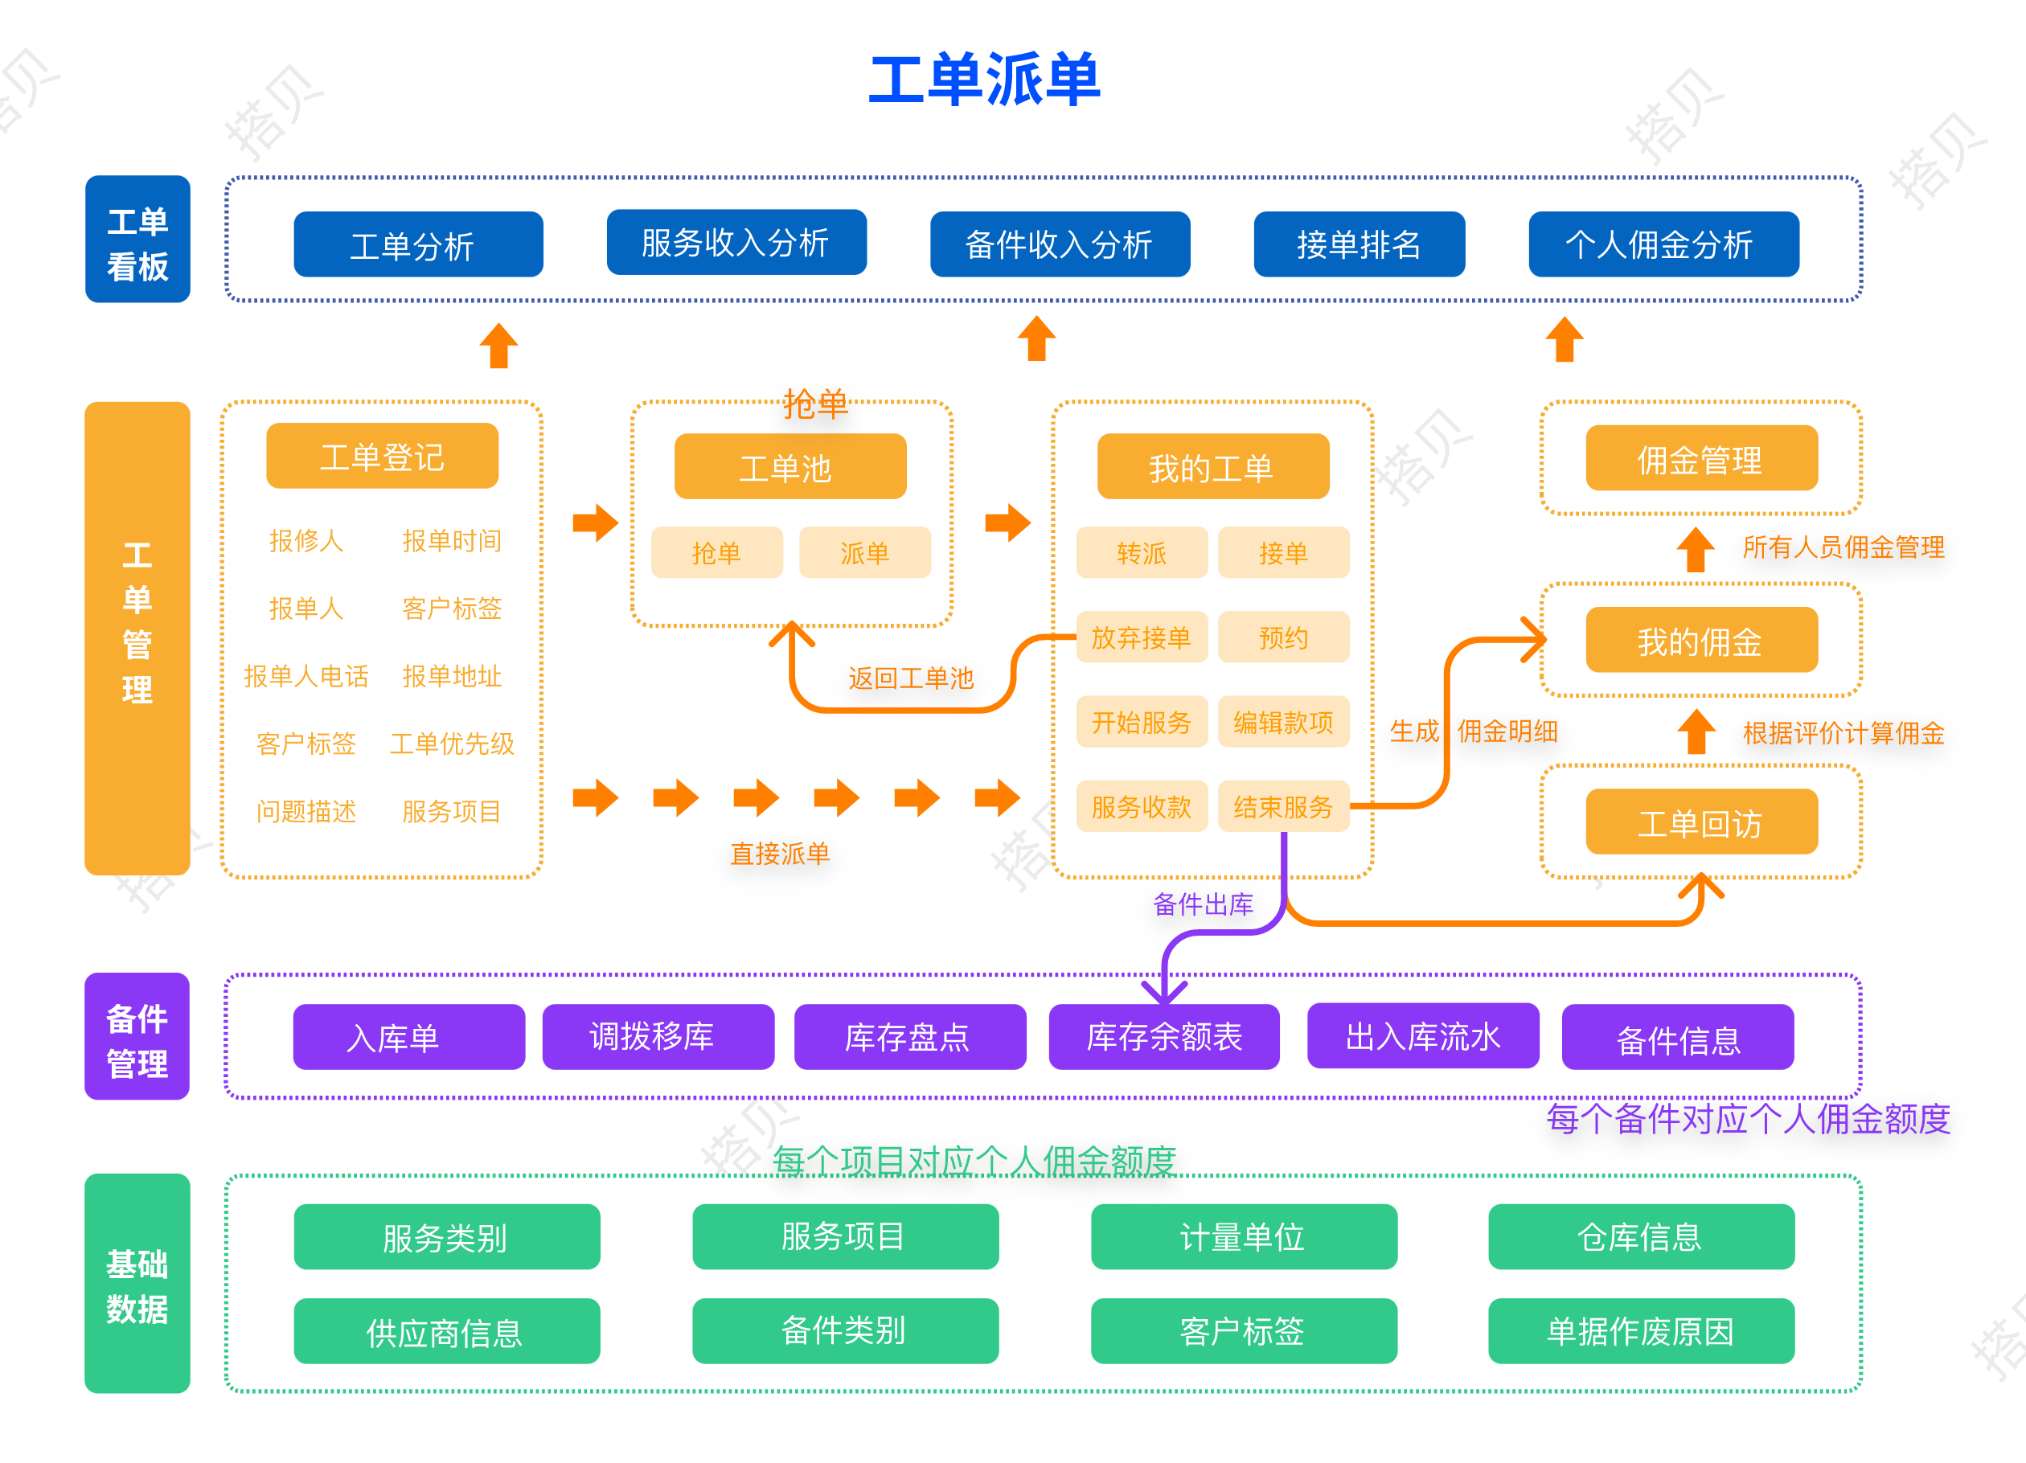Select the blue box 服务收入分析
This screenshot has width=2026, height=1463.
(736, 242)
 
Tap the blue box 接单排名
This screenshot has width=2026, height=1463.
(1359, 244)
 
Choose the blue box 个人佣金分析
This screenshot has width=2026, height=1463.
(1663, 244)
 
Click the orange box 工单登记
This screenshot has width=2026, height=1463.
(383, 457)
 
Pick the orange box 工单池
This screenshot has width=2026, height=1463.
(789, 467)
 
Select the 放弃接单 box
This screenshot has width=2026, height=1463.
(1141, 637)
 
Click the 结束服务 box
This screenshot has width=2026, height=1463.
(1283, 806)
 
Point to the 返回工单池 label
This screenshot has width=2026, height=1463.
(910, 678)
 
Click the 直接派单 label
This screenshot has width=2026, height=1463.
(780, 854)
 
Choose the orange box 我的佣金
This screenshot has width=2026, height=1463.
(1701, 641)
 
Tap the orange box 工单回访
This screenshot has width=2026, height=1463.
(1701, 822)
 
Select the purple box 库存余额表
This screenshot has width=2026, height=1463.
(1164, 1037)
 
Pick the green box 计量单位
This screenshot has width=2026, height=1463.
(1244, 1237)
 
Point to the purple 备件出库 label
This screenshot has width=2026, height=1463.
(1203, 905)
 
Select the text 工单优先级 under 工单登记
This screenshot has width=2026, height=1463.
(452, 743)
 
